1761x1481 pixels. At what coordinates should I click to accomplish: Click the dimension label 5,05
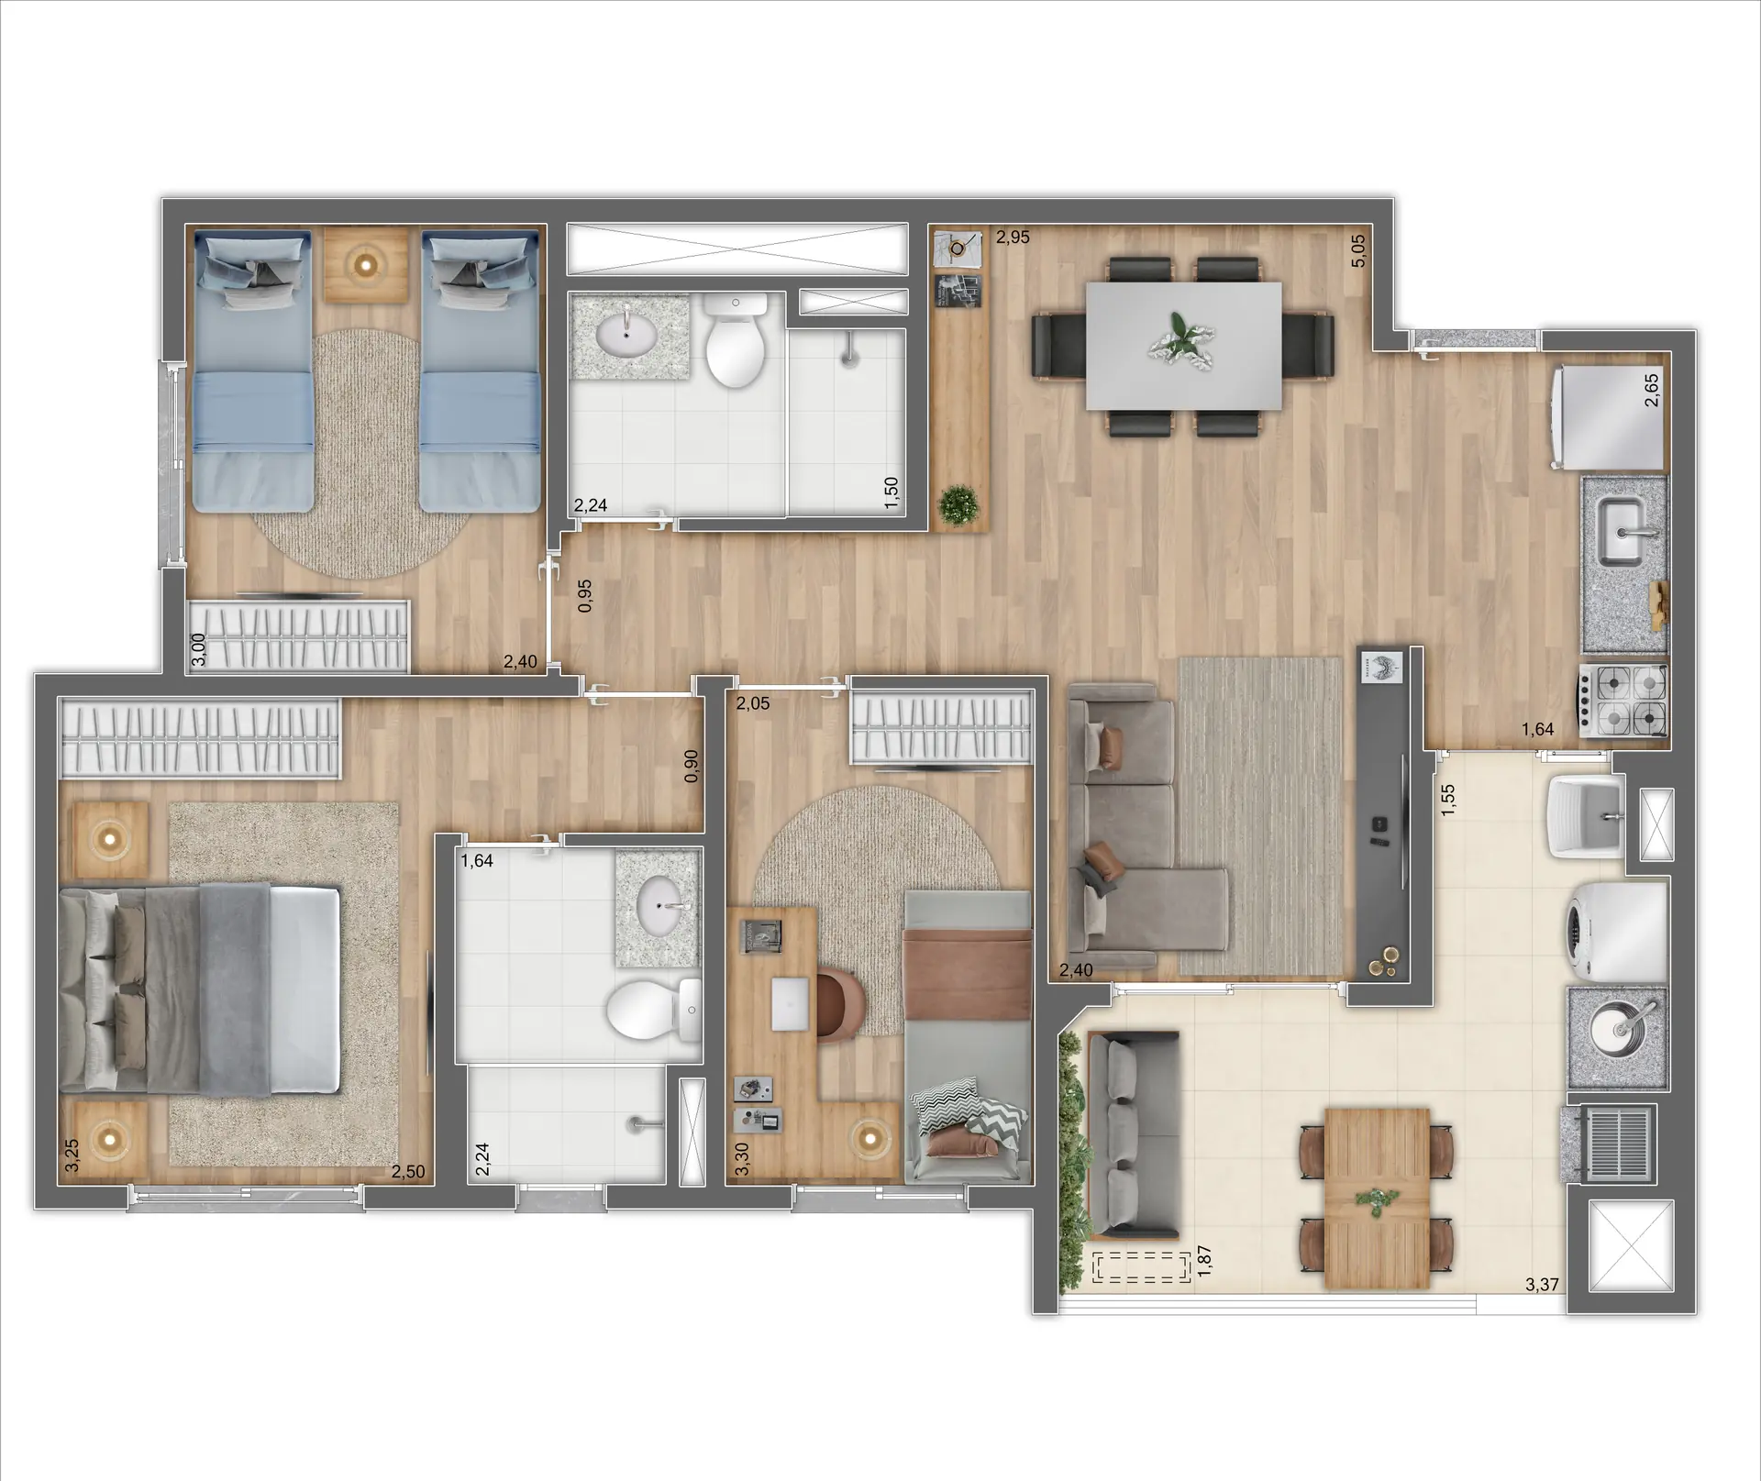point(1358,251)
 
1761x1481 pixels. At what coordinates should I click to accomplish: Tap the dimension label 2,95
point(1013,238)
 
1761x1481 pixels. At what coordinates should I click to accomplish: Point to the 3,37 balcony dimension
point(1542,1285)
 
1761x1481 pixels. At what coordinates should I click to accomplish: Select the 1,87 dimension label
point(1205,1259)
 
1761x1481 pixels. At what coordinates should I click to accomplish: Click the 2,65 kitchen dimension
point(1651,391)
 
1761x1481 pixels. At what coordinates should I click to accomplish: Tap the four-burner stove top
point(1622,700)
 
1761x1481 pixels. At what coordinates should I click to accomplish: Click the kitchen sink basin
point(1622,533)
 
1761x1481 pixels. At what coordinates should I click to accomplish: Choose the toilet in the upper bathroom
point(736,343)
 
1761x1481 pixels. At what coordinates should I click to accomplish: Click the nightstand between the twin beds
point(366,265)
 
